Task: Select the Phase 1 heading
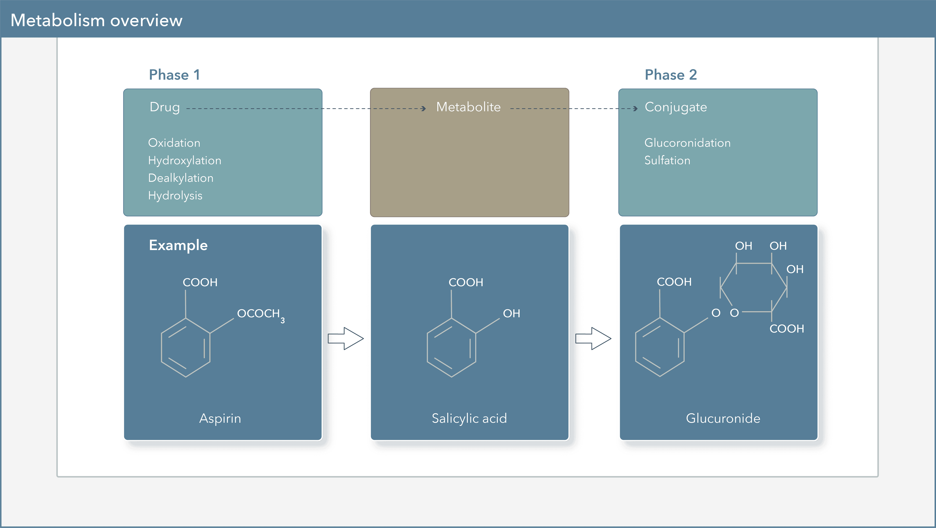174,75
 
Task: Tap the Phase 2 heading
671,75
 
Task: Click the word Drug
165,107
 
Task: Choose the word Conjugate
676,107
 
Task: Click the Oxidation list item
174,143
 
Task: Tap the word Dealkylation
181,178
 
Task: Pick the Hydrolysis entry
175,196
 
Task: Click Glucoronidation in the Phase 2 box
687,143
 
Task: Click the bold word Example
178,245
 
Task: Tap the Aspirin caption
220,419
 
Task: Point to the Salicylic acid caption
469,419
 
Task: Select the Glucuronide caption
723,419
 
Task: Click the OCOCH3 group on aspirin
260,314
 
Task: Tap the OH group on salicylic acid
511,313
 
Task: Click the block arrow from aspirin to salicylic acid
345,338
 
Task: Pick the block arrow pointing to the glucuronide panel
593,338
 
